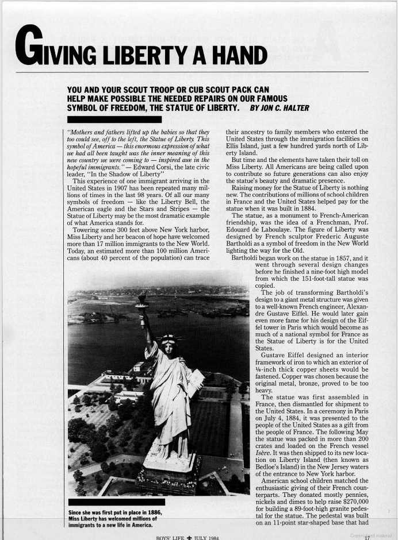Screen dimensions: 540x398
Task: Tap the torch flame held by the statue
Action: (141, 298)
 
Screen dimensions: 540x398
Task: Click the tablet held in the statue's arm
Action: (196, 382)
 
